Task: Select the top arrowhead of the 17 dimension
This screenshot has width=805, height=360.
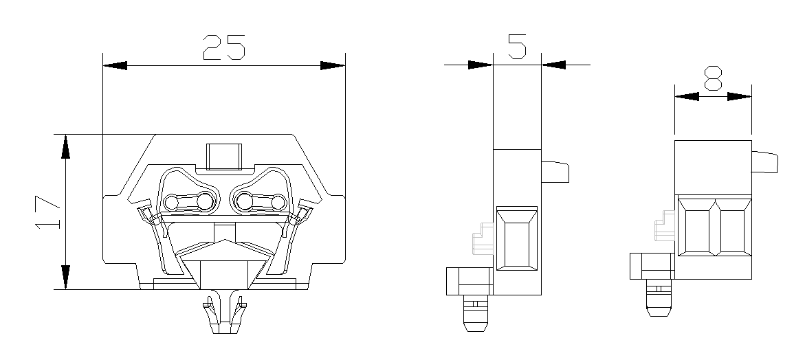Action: (x=65, y=146)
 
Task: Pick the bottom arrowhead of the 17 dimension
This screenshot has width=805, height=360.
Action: (x=65, y=277)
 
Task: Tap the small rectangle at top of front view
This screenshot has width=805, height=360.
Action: (x=224, y=157)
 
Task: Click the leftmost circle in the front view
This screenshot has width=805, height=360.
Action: (x=170, y=202)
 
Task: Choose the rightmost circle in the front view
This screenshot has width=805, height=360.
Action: (x=277, y=202)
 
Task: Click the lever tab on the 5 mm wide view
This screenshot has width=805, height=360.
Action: (x=555, y=172)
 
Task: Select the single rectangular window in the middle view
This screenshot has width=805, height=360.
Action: (x=517, y=238)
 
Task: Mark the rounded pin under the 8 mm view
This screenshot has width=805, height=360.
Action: (x=658, y=300)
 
